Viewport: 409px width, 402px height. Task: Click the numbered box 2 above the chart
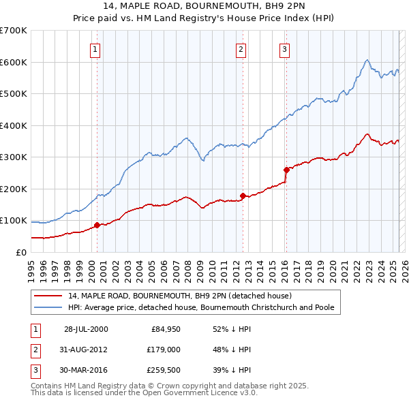(x=241, y=49)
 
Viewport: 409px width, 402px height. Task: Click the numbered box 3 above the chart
(x=284, y=49)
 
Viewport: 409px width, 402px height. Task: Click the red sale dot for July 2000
(x=97, y=225)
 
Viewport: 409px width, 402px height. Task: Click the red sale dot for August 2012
(x=243, y=196)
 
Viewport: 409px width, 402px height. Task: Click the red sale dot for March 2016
(x=286, y=170)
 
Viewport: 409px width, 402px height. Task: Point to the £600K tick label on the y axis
(x=14, y=62)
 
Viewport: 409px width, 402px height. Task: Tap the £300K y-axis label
(x=14, y=157)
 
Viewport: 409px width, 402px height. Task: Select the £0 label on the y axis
(x=20, y=252)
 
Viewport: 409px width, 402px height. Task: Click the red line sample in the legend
(x=47, y=296)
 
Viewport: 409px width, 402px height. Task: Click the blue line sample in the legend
(x=47, y=307)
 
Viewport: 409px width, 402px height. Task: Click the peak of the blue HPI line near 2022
(x=367, y=60)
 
